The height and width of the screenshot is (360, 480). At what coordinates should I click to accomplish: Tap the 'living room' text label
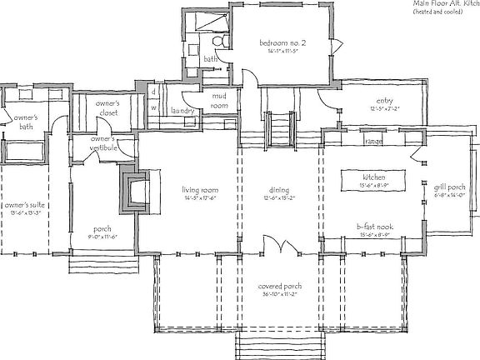point(201,189)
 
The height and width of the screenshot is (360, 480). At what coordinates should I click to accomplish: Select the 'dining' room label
point(279,189)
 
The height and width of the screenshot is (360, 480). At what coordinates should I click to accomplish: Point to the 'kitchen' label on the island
point(372,178)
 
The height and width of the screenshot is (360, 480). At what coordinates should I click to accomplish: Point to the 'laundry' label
point(182,111)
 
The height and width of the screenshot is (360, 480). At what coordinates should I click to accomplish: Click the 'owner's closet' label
point(108,107)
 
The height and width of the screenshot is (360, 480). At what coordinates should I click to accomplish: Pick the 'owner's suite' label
point(22,204)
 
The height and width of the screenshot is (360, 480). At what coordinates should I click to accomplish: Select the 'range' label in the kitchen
point(373,142)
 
